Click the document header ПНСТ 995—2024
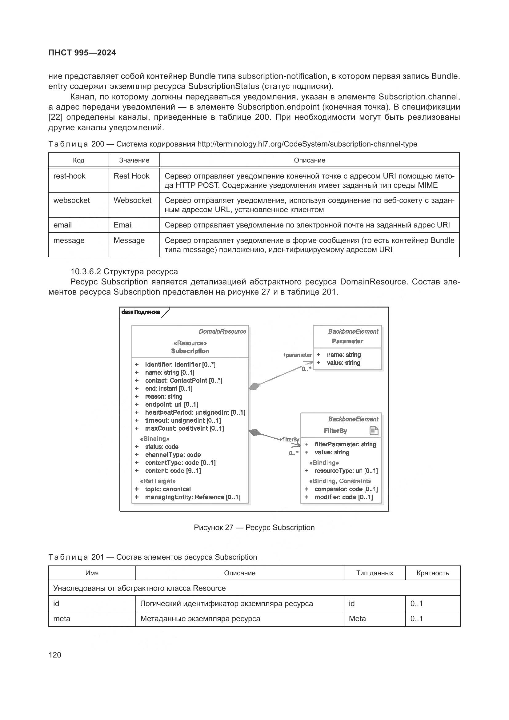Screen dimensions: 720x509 tap(82, 53)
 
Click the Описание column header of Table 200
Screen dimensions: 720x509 tap(309, 160)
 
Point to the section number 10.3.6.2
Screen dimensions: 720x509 tap(85, 272)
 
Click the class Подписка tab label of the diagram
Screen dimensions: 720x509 tap(141, 312)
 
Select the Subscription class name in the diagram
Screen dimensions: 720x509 tap(190, 351)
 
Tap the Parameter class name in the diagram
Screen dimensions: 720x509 tap(347, 341)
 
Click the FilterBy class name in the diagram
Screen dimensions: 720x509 tap(335, 431)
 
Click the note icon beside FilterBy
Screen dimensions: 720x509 tap(374, 431)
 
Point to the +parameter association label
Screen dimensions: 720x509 tap(297, 355)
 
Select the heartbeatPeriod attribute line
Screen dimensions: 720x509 tap(194, 412)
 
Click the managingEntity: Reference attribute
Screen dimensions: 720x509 tap(192, 497)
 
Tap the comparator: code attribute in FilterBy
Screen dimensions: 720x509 tap(346, 489)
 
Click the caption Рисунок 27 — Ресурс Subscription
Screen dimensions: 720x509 tap(254, 528)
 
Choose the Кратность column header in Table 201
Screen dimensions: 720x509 tap(432, 573)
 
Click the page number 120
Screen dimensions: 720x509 tap(55, 655)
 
